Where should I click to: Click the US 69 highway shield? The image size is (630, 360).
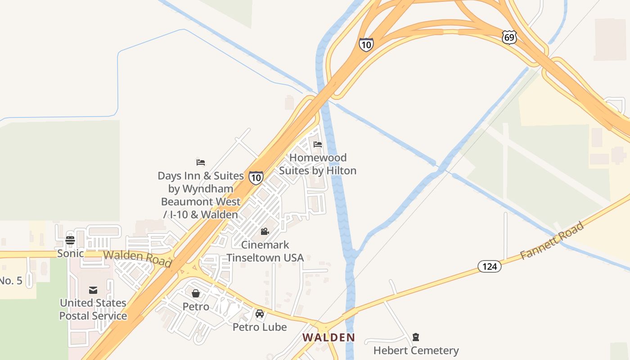pyautogui.click(x=509, y=37)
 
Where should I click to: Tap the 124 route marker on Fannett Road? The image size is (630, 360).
pyautogui.click(x=489, y=266)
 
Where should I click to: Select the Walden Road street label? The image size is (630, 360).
pyautogui.click(x=137, y=258)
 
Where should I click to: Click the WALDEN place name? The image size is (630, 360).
pyautogui.click(x=328, y=337)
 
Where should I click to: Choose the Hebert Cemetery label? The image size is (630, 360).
pyautogui.click(x=416, y=350)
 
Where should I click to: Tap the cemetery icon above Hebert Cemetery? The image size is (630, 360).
pyautogui.click(x=416, y=337)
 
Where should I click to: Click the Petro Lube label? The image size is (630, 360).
pyautogui.click(x=260, y=327)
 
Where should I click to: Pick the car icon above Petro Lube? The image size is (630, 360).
pyautogui.click(x=260, y=313)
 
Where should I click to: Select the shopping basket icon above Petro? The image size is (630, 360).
pyautogui.click(x=196, y=293)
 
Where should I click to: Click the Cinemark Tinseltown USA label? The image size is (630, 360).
pyautogui.click(x=265, y=251)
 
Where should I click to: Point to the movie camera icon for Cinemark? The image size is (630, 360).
pyautogui.click(x=265, y=232)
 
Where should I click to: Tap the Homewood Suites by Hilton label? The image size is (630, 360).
pyautogui.click(x=318, y=164)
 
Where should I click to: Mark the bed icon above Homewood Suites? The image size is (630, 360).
pyautogui.click(x=318, y=144)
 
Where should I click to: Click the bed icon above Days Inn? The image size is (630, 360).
pyautogui.click(x=201, y=162)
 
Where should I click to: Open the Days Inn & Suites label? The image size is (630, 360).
pyautogui.click(x=201, y=195)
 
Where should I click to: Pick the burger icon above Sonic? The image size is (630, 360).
pyautogui.click(x=70, y=240)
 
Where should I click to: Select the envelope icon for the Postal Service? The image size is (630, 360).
pyautogui.click(x=93, y=290)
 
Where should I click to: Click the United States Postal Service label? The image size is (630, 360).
pyautogui.click(x=93, y=309)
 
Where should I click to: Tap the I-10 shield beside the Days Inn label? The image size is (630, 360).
pyautogui.click(x=256, y=178)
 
